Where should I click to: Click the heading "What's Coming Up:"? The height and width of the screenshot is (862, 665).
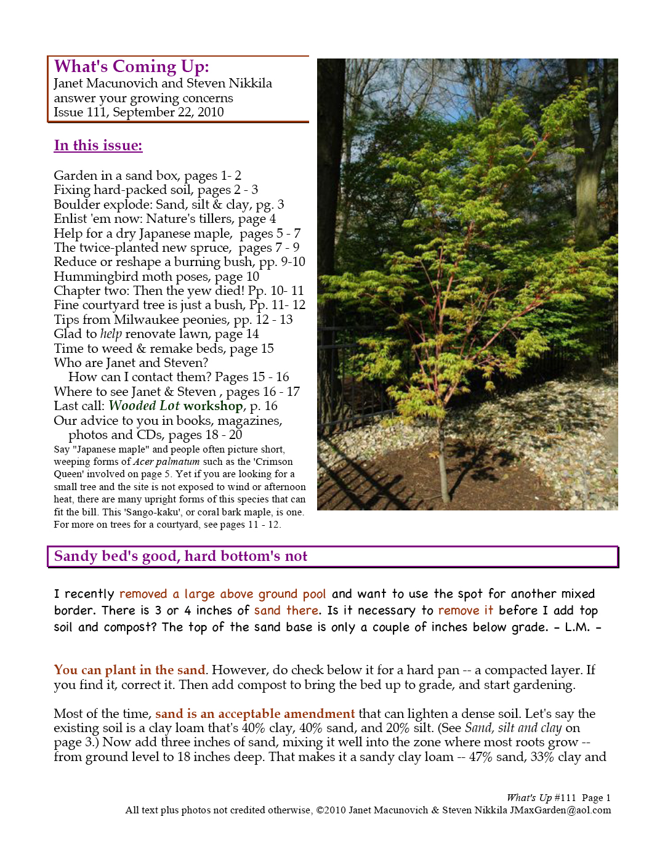(x=131, y=66)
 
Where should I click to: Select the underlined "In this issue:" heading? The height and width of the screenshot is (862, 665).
(x=98, y=146)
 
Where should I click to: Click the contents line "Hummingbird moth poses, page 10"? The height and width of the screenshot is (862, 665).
(x=156, y=276)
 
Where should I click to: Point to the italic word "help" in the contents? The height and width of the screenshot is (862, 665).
(x=111, y=334)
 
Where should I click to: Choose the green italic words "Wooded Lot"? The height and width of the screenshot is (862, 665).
(x=144, y=406)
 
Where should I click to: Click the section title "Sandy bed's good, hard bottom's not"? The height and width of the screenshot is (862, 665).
(x=180, y=557)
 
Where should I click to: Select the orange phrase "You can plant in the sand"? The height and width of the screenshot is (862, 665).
(x=129, y=670)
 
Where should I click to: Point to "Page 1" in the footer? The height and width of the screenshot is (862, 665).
(x=596, y=798)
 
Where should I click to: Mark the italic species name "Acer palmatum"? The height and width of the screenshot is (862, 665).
(x=166, y=462)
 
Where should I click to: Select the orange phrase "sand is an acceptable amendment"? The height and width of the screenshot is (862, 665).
(x=255, y=714)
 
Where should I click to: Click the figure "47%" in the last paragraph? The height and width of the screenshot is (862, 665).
(x=480, y=757)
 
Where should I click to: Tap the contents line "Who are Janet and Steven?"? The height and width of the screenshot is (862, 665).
(x=131, y=363)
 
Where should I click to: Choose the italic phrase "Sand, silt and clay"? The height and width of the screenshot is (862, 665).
(x=513, y=728)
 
